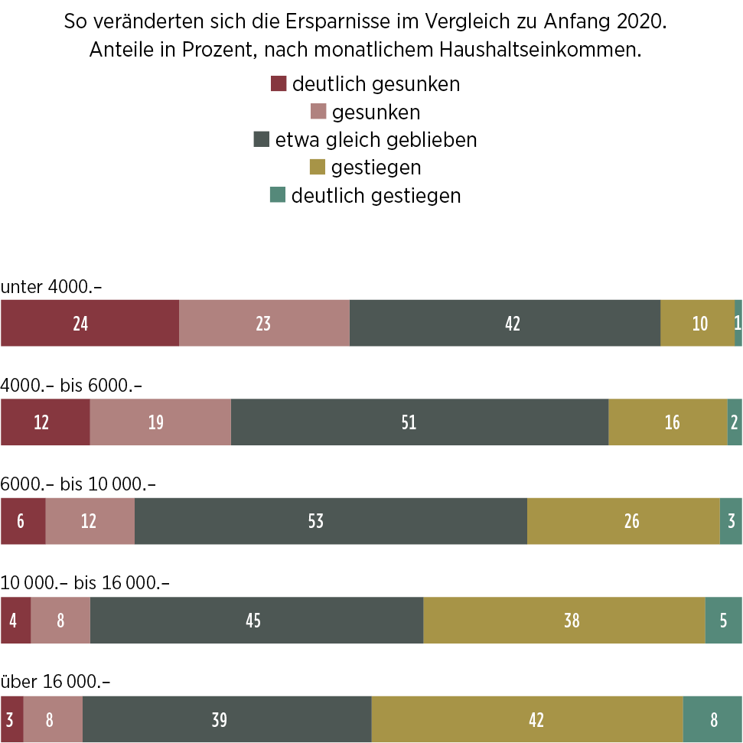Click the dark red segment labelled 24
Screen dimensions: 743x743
(90, 323)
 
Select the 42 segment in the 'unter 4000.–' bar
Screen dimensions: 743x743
(505, 323)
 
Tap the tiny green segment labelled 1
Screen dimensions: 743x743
(738, 323)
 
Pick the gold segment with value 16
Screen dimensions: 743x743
(667, 422)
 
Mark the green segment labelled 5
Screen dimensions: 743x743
(723, 620)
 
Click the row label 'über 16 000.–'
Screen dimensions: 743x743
(55, 681)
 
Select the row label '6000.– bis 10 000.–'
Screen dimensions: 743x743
(78, 484)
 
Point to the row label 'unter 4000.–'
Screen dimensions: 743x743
(51, 286)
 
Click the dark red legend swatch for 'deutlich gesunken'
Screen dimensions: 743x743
(279, 83)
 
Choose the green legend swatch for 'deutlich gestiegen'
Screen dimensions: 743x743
(277, 195)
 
